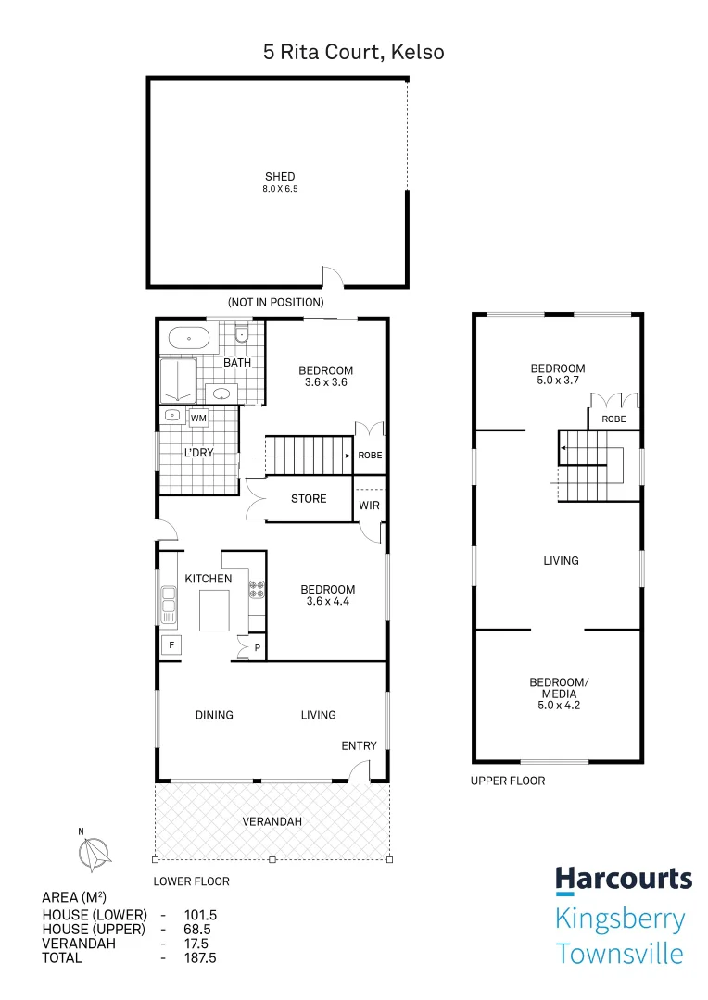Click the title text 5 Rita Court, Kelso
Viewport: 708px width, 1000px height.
click(x=353, y=52)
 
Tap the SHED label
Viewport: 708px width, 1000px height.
click(x=280, y=177)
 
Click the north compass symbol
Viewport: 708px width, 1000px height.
click(x=94, y=852)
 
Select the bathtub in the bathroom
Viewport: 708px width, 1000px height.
click(x=189, y=339)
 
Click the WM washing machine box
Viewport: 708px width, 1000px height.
click(x=198, y=419)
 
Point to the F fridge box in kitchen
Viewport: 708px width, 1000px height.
click(x=171, y=644)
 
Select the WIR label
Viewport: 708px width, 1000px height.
click(x=369, y=506)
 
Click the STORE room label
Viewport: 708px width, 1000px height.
click(x=309, y=499)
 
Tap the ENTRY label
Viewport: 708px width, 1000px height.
click(x=359, y=746)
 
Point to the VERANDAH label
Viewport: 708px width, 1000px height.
click(x=272, y=821)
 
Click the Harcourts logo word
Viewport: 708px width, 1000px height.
click(x=623, y=879)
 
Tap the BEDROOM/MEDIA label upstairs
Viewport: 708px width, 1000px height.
click(x=558, y=689)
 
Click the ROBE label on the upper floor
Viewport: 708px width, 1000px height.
click(x=613, y=419)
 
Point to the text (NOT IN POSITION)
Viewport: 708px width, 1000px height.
click(x=276, y=302)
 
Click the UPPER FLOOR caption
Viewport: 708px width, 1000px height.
click(x=508, y=781)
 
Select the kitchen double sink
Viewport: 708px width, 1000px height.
click(x=169, y=604)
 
